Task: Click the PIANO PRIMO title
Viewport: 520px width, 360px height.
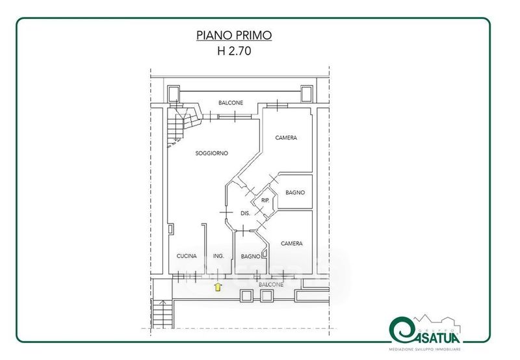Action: (234, 35)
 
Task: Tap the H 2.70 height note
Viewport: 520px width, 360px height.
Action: (234, 51)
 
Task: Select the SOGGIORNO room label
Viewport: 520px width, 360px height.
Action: (212, 153)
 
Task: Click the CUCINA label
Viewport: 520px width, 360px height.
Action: (187, 256)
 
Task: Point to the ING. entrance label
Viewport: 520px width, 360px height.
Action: (218, 256)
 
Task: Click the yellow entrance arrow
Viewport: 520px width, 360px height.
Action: (218, 287)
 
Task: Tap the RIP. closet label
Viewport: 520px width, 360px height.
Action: (265, 201)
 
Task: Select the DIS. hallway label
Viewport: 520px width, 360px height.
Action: (245, 214)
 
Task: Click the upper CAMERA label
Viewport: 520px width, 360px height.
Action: (286, 138)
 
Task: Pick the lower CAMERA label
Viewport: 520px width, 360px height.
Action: (291, 243)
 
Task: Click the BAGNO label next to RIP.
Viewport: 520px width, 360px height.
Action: (295, 192)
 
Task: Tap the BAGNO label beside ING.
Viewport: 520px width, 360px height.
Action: (250, 256)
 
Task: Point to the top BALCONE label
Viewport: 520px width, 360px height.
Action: (231, 103)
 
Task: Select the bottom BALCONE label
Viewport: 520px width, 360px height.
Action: (271, 285)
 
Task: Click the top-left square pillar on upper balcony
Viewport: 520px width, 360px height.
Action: (173, 94)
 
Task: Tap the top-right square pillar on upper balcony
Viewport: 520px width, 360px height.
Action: (306, 94)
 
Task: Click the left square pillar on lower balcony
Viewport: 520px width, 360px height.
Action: (246, 296)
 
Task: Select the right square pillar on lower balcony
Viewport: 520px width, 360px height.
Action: (266, 296)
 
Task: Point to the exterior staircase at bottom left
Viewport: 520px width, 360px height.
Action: (162, 314)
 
